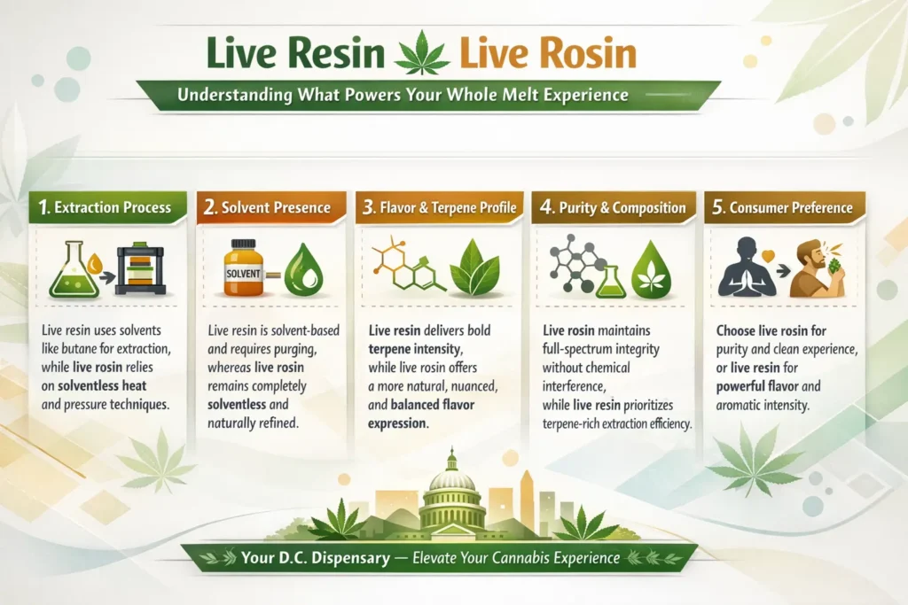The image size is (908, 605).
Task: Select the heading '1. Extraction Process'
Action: coord(106,208)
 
